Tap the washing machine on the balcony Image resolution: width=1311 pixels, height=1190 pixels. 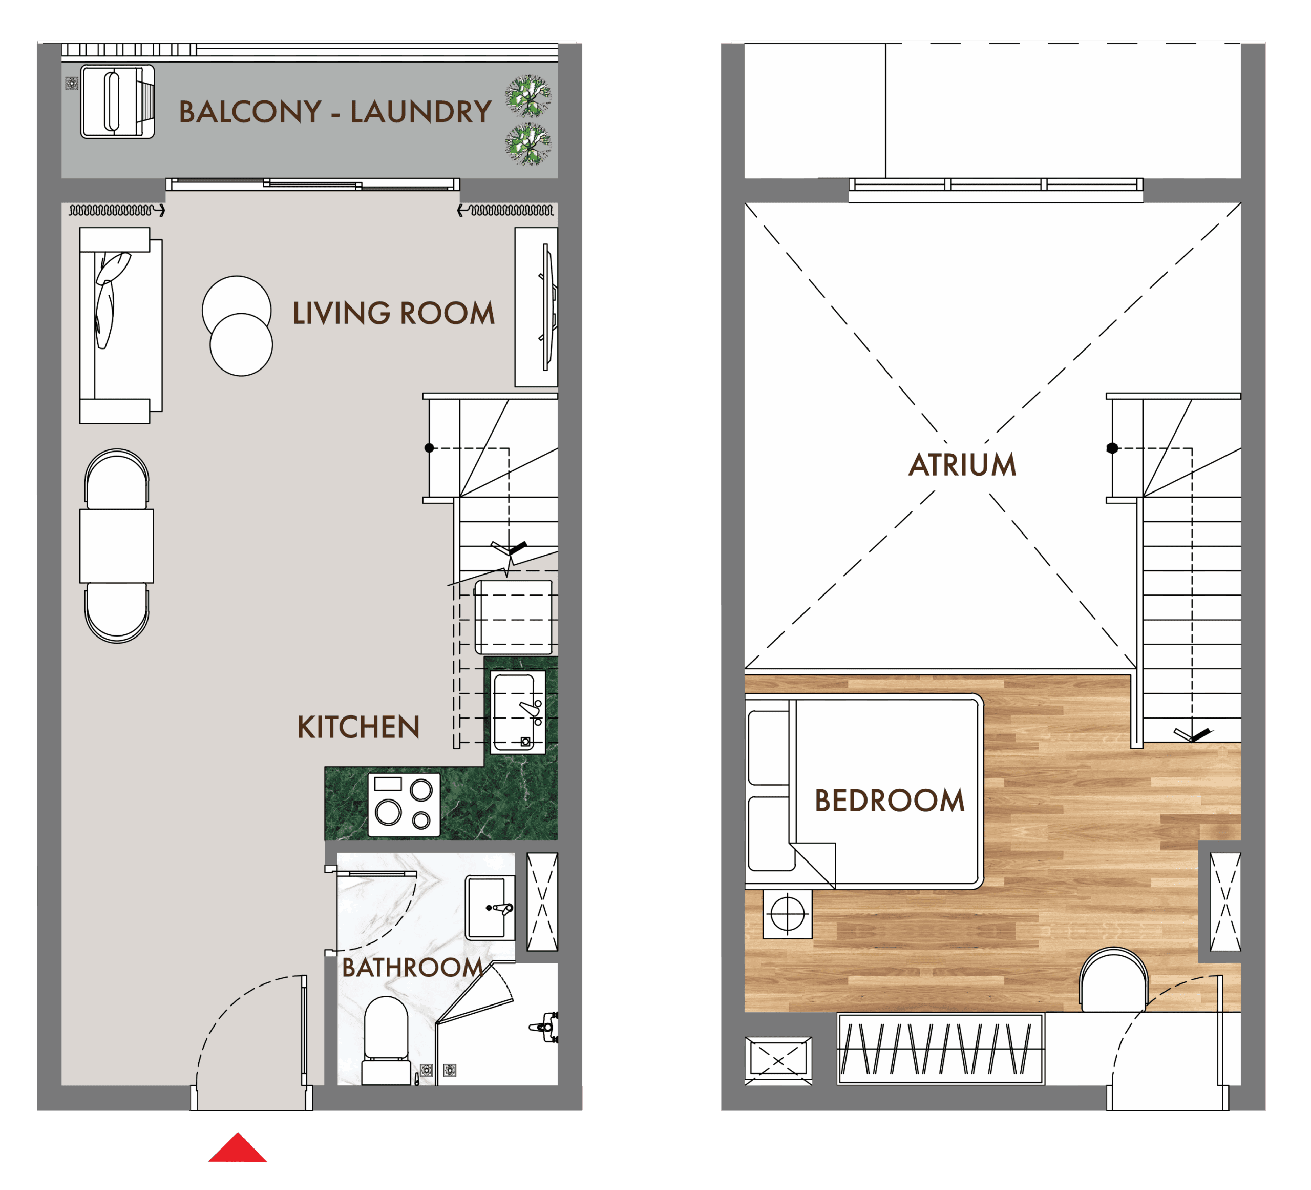(x=117, y=101)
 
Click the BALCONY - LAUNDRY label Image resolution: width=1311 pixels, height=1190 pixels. (x=335, y=112)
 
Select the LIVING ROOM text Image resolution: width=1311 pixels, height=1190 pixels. (x=393, y=313)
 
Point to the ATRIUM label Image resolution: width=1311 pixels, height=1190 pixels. (x=962, y=464)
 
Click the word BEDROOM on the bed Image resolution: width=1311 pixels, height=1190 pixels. (x=889, y=801)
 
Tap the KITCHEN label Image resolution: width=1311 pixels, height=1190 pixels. (x=358, y=727)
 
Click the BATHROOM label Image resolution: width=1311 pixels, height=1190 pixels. (x=412, y=968)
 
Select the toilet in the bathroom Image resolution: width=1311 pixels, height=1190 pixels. (x=386, y=1040)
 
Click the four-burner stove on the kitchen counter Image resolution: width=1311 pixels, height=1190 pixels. (x=404, y=805)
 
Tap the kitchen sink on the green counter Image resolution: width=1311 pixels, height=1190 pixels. (x=518, y=712)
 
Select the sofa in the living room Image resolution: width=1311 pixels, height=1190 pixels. (x=120, y=325)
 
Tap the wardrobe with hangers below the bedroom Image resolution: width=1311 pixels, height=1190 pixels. (x=940, y=1049)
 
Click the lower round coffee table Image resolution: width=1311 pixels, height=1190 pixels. (x=241, y=344)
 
